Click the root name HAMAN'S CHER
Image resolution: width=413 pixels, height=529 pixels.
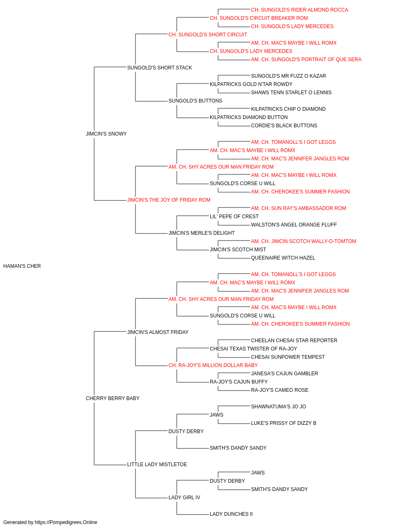[22, 266]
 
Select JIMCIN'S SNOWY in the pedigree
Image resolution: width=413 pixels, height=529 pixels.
[106, 134]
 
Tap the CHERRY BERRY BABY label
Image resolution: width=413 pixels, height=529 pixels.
[113, 398]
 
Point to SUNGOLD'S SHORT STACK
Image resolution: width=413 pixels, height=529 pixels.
[159, 68]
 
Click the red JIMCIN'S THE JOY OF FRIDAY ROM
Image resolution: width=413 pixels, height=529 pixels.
[169, 200]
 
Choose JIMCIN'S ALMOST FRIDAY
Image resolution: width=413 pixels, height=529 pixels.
[158, 332]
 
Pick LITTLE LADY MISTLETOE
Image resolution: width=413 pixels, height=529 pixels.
[157, 464]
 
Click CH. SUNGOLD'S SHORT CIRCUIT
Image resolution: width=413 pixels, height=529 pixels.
[208, 35]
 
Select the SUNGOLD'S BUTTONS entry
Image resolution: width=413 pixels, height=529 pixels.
[195, 101]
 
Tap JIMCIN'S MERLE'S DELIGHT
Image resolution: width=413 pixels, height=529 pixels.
[202, 233]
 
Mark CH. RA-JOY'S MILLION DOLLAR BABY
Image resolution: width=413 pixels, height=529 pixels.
[213, 365]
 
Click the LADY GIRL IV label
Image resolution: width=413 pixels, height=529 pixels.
[184, 497]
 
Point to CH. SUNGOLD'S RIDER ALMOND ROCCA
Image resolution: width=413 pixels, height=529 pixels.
[300, 10]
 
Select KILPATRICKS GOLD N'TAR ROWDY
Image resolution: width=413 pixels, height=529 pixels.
[251, 84]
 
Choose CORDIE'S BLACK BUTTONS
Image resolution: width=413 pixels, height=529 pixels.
[284, 126]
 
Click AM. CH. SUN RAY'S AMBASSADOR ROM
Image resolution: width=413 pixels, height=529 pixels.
[299, 208]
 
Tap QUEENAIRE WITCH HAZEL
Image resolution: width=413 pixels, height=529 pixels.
[283, 258]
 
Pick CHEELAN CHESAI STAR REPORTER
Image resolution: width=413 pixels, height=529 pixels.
[294, 340]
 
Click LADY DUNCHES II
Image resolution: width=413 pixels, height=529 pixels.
[231, 514]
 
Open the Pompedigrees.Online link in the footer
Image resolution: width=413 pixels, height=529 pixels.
[66, 522]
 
